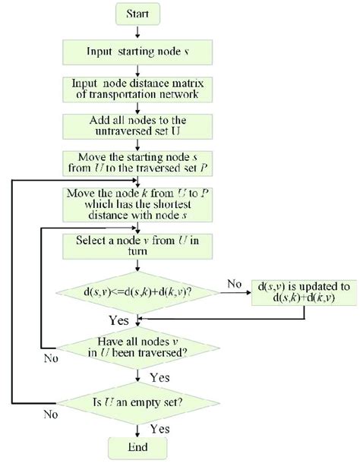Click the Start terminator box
pyautogui.click(x=137, y=13)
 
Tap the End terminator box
pyautogui.click(x=137, y=448)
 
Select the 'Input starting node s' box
pyautogui.click(x=137, y=52)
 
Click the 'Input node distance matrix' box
pyautogui.click(x=137, y=90)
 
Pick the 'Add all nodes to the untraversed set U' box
pyautogui.click(x=137, y=126)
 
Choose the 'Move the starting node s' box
pyautogui.click(x=137, y=162)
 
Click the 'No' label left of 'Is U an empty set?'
pyautogui.click(x=50, y=414)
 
